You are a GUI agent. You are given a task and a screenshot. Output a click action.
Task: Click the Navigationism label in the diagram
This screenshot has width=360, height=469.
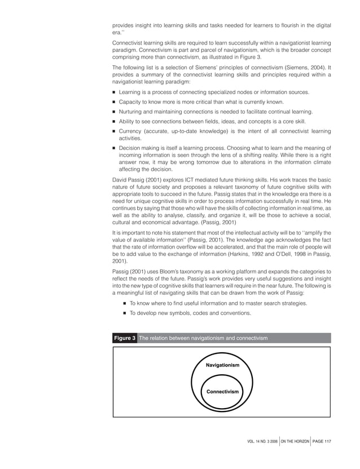222,365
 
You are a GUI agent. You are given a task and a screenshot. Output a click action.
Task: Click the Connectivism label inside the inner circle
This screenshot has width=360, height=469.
222,391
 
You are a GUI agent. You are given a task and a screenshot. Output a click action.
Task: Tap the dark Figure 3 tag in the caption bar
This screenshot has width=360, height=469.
124,338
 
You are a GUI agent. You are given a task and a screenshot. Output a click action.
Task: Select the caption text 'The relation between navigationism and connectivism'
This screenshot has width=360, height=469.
203,338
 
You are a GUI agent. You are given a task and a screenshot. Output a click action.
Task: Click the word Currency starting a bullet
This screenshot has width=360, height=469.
131,131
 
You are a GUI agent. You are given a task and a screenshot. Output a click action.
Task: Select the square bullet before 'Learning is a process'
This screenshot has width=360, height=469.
114,92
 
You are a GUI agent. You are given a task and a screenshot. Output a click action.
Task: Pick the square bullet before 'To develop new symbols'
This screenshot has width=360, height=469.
125,313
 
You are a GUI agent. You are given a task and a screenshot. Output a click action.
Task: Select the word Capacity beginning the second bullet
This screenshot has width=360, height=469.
131,102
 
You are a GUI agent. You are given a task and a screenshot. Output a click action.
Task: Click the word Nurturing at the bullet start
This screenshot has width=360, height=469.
133,112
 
